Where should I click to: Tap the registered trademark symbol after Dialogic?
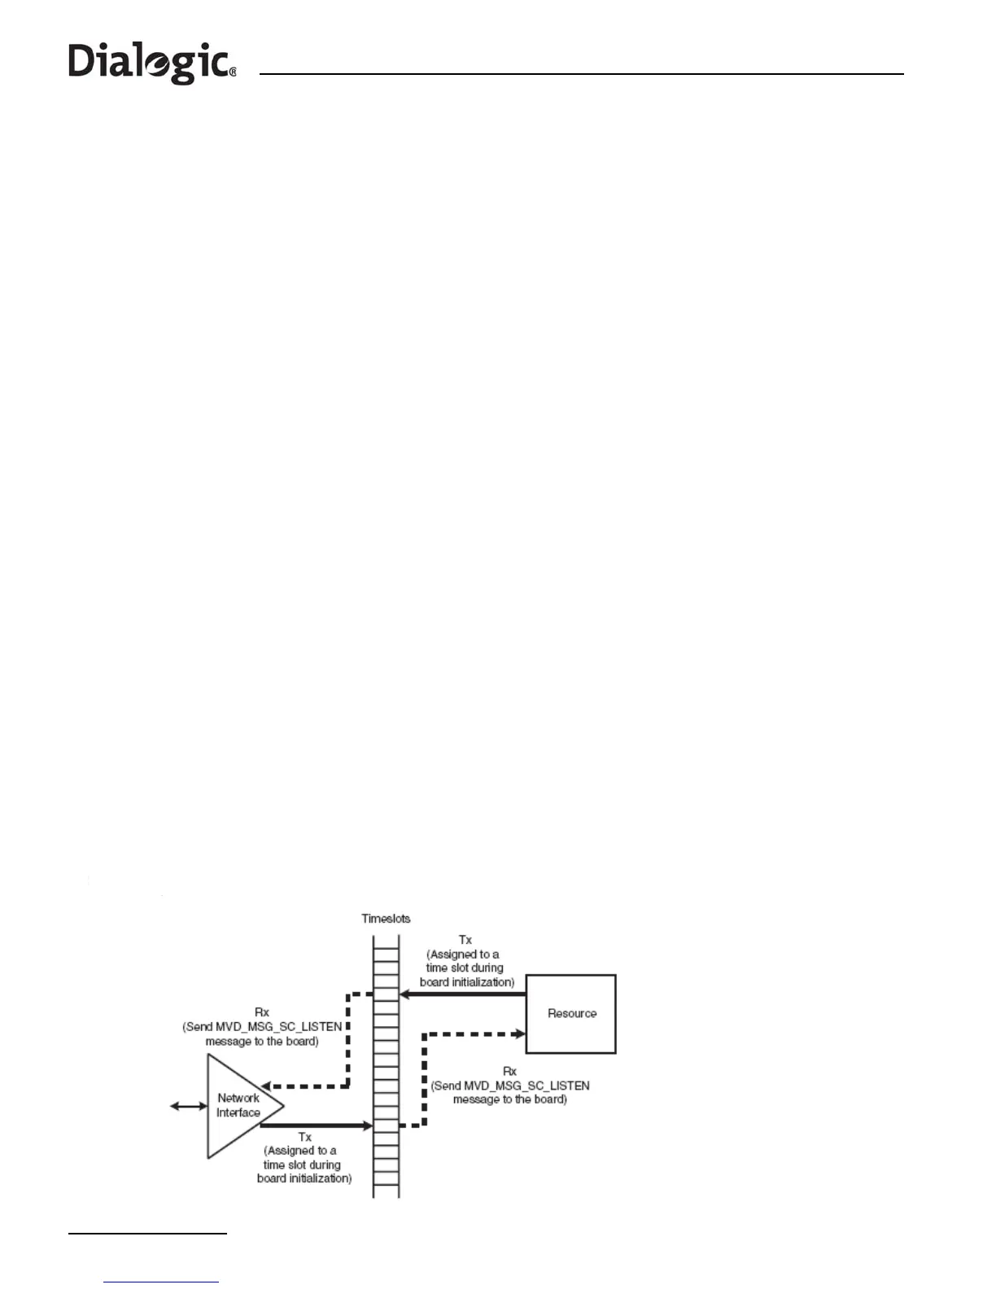point(233,72)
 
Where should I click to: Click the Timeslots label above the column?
point(386,919)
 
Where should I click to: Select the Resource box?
point(571,1013)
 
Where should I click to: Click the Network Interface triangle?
point(236,1107)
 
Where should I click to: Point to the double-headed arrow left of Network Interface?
point(189,1106)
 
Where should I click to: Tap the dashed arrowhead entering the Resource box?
point(519,1034)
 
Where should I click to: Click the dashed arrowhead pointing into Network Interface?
point(267,1086)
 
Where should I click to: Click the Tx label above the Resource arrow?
point(465,940)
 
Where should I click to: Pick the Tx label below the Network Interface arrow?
point(304,1137)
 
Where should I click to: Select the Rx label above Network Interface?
point(262,1012)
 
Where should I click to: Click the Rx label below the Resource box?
point(510,1071)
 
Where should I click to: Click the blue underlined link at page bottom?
point(161,1282)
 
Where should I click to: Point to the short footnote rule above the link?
point(147,1234)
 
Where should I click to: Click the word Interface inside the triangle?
point(238,1113)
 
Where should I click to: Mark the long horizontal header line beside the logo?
point(581,74)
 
